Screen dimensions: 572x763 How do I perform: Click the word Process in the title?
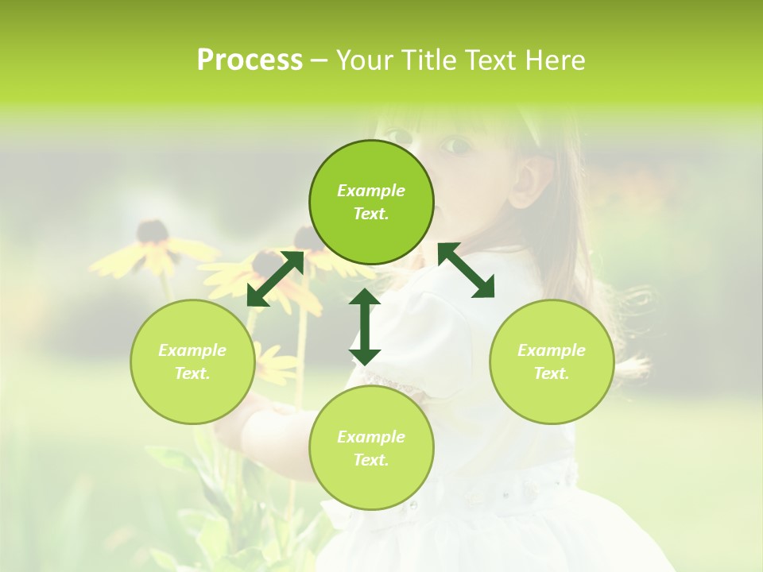point(250,60)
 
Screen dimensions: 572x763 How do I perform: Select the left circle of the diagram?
point(192,361)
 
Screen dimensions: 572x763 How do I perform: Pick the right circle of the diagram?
point(551,361)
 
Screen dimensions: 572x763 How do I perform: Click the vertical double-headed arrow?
point(365,327)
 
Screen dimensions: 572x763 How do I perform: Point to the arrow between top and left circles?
point(275,278)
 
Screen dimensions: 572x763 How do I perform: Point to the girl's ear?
point(528,181)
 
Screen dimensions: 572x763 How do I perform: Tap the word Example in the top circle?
point(371,191)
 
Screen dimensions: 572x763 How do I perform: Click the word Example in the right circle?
point(551,350)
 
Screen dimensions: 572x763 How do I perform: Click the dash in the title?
point(320,60)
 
